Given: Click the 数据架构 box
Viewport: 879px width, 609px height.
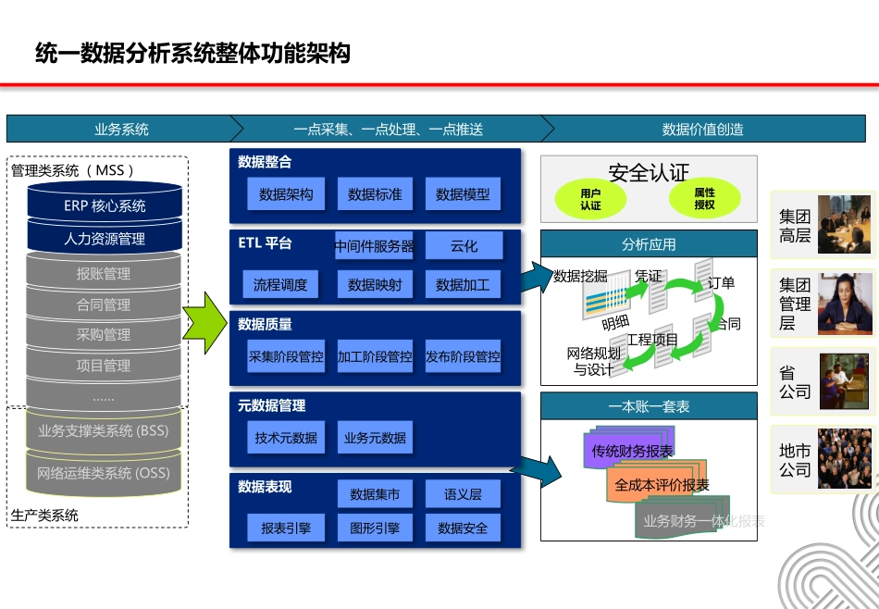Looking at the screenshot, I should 286,194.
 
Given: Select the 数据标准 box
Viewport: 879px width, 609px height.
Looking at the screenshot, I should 375,194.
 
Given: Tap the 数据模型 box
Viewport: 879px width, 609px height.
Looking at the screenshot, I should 463,194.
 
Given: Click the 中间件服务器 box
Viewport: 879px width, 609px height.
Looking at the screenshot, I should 375,246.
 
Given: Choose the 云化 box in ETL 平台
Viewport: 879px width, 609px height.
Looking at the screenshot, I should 464,246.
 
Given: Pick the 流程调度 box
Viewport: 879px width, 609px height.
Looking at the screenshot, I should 280,285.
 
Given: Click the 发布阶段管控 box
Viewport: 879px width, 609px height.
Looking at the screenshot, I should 463,356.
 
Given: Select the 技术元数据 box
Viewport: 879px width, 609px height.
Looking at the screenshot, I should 286,438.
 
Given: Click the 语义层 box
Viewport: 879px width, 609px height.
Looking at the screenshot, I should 463,494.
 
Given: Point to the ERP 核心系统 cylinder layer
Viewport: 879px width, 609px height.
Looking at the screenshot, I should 105,205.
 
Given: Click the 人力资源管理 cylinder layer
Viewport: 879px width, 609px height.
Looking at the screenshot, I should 105,239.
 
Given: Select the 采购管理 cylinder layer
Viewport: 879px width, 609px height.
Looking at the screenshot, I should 104,334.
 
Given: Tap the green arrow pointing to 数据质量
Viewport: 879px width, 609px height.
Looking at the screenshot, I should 204,319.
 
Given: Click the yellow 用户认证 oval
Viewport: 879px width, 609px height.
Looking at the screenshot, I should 590,199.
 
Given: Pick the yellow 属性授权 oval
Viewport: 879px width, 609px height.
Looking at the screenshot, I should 705,198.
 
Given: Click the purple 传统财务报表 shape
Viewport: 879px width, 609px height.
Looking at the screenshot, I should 631,451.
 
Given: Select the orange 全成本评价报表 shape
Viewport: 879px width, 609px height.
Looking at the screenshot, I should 662,484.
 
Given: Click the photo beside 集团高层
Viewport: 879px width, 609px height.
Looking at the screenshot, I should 844,225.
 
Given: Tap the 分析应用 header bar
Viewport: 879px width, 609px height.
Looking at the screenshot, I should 649,244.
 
